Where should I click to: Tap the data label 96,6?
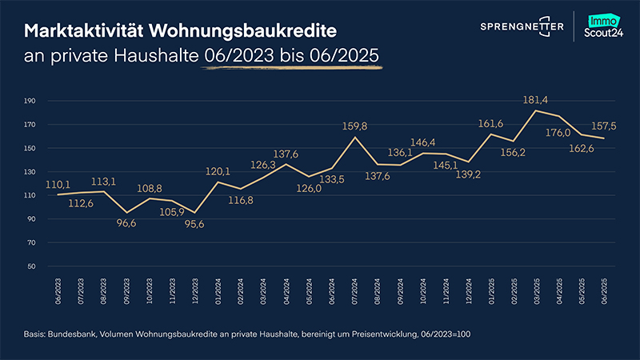point(126,224)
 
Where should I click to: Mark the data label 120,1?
point(218,171)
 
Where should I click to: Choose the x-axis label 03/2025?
point(538,289)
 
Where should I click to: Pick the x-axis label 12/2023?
point(194,289)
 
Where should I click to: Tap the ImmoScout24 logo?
point(605,26)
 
